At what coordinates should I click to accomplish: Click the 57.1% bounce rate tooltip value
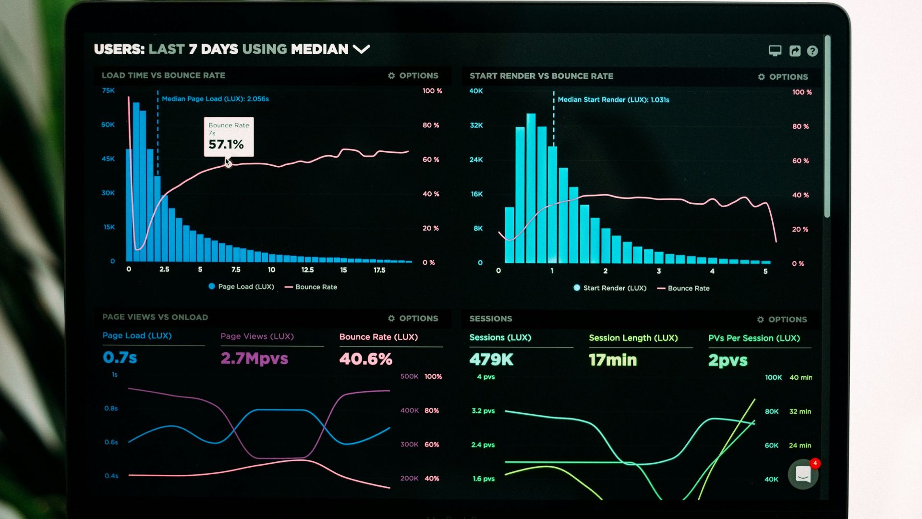[226, 144]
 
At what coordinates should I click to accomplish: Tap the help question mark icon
[812, 51]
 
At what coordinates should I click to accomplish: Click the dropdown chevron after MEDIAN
[361, 49]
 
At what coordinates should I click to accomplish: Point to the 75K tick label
[109, 90]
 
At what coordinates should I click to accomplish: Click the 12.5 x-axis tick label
[307, 270]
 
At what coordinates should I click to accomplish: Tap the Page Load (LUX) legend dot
[212, 286]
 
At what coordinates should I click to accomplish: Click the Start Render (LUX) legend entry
[610, 288]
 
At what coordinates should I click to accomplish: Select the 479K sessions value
[491, 359]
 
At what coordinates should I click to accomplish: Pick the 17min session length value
[613, 360]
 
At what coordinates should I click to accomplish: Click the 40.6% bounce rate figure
[365, 359]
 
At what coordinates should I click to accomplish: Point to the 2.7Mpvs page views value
[254, 358]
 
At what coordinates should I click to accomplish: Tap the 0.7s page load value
[120, 358]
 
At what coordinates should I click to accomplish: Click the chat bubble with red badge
[803, 474]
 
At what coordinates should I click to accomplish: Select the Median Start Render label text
[613, 100]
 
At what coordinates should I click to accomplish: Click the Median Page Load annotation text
[215, 99]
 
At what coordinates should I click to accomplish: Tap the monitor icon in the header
[775, 50]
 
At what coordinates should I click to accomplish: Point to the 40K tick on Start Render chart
[476, 91]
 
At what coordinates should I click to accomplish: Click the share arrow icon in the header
[795, 51]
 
